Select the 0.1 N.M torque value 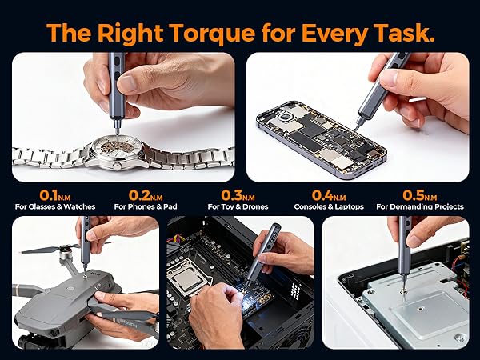[54, 195]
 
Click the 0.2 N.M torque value [146, 195]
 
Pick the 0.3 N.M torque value [238, 195]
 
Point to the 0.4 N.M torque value [329, 195]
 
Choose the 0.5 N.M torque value [420, 195]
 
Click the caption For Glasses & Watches [54, 207]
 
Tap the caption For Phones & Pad [146, 207]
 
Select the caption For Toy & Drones [238, 207]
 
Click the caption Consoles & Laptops [329, 207]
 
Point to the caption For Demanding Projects [420, 207]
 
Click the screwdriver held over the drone [85, 244]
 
